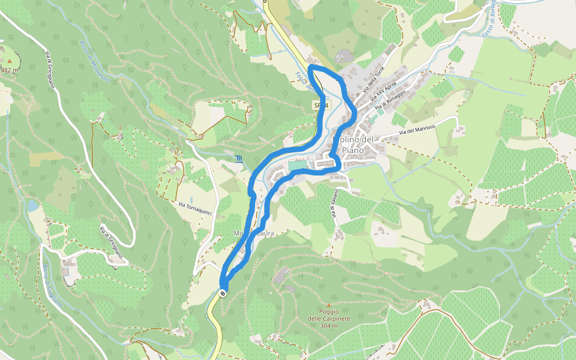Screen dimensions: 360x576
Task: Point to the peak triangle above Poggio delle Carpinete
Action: pos(328,304)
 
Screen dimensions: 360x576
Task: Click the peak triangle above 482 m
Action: pos(10,61)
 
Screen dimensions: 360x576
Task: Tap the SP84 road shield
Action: pos(321,106)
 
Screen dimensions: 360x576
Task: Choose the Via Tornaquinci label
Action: pos(196,210)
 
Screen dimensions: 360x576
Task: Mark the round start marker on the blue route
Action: pos(223,293)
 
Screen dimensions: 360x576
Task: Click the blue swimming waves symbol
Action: pos(240,160)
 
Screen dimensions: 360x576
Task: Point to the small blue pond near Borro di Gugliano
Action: pos(32,206)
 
